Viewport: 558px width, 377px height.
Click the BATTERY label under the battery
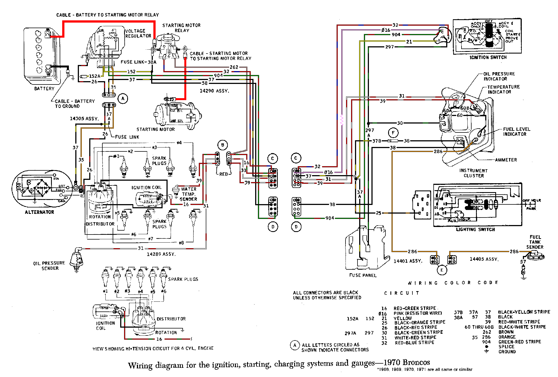coord(44,89)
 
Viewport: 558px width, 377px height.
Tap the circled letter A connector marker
coord(123,98)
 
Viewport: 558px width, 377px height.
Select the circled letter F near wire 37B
coord(393,133)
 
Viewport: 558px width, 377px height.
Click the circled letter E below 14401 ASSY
coord(442,270)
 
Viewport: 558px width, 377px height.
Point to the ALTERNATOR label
coord(40,212)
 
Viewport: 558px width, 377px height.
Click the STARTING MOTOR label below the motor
coord(156,129)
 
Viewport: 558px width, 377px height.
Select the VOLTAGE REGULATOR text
coord(138,33)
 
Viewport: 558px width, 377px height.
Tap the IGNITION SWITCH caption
coord(488,57)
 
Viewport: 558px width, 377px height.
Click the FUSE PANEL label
coord(363,275)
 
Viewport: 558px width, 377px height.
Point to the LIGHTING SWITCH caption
coord(475,229)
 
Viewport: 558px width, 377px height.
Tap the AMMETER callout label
coord(506,160)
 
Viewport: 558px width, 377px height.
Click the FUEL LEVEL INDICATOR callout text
coord(516,132)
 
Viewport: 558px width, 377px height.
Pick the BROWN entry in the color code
coord(506,332)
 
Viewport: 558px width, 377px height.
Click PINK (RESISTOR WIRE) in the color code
coord(417,313)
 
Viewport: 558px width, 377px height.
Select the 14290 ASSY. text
coord(214,91)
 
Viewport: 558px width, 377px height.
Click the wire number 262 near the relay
coord(234,67)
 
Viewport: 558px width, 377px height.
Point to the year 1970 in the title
coord(392,363)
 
